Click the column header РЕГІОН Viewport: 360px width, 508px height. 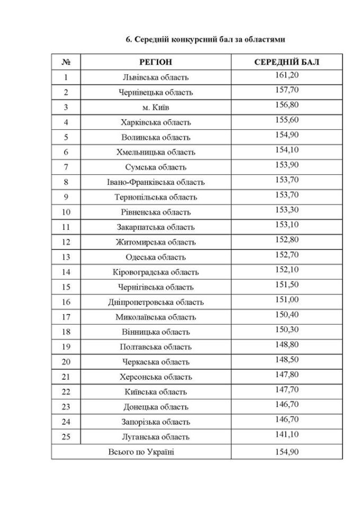(156, 62)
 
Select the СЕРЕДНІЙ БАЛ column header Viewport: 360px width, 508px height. (287, 62)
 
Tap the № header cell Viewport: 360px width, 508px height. (66, 62)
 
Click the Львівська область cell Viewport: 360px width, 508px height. (156, 77)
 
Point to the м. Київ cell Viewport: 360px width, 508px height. (156, 107)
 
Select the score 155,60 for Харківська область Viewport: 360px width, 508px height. (287, 120)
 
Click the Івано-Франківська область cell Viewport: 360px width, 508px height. (156, 182)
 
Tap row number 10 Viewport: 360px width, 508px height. (66, 212)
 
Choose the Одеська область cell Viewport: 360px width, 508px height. (156, 257)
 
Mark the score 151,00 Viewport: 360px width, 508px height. (287, 300)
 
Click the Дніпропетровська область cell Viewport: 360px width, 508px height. (156, 302)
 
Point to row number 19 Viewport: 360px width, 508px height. (66, 347)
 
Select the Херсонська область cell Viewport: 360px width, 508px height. (156, 377)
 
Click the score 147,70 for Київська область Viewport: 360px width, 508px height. (287, 389)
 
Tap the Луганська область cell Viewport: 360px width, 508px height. (156, 437)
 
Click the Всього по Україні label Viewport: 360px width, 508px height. (140, 452)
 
